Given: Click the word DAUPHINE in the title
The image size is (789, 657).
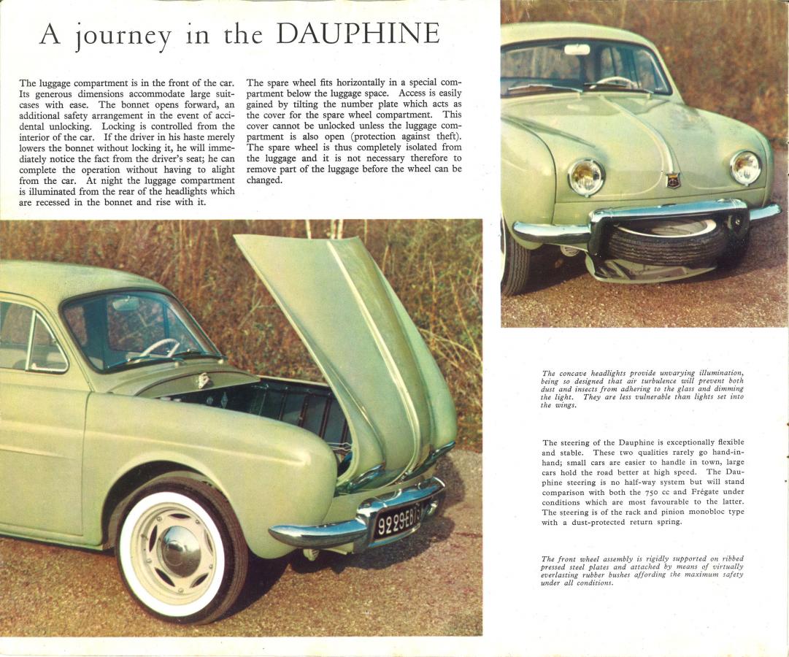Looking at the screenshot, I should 359,34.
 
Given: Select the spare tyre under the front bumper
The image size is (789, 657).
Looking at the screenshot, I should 666,245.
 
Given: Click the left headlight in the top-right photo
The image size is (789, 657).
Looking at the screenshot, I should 586,177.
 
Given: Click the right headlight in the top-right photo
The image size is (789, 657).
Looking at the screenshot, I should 745,167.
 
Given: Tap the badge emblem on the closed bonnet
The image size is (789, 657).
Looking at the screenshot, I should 673,180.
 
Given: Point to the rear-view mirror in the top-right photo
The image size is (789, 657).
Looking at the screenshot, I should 577,50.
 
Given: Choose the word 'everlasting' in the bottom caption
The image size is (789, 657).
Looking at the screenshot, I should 563,575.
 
